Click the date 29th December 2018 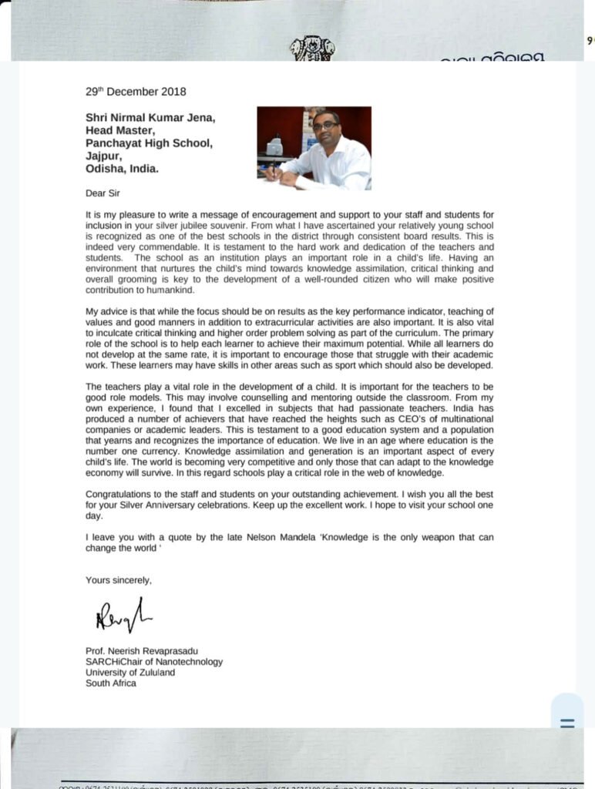coord(136,92)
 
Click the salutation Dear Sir coord(103,193)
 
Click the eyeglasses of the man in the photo coord(325,126)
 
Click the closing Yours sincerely coord(119,580)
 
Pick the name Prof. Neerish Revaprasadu coord(140,650)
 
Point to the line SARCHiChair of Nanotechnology coord(154,661)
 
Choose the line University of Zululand coord(130,672)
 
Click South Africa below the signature coord(111,683)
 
